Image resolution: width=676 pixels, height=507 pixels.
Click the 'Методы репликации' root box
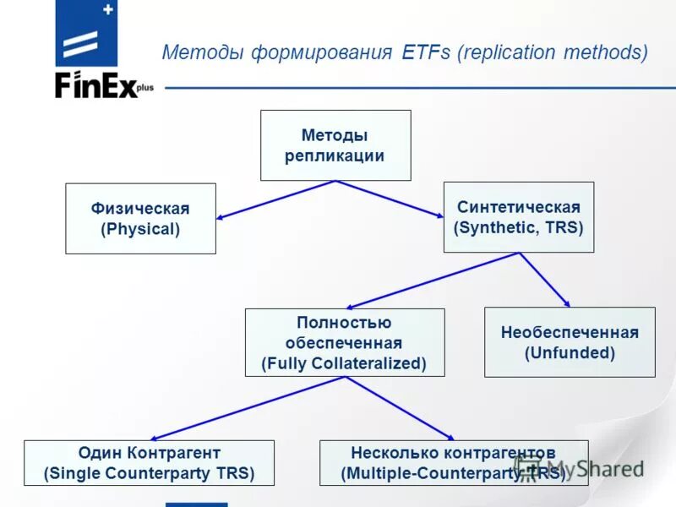click(x=335, y=145)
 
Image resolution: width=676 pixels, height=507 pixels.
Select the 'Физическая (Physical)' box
click(x=140, y=219)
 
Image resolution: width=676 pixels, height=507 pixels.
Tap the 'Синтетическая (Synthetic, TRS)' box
click(x=519, y=217)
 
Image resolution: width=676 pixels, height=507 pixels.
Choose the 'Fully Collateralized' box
click(x=344, y=342)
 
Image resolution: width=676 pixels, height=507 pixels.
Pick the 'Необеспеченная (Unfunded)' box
click(x=569, y=342)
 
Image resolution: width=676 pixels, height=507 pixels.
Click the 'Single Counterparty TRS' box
click(x=149, y=463)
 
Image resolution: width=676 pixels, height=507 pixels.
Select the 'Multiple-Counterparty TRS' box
click(x=453, y=463)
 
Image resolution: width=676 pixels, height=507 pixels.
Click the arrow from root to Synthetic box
click(x=390, y=199)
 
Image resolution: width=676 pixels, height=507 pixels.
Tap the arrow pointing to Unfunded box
click(x=544, y=280)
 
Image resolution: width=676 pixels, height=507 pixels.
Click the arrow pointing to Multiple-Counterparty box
click(x=397, y=408)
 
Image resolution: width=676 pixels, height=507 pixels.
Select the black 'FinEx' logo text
click(x=96, y=86)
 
